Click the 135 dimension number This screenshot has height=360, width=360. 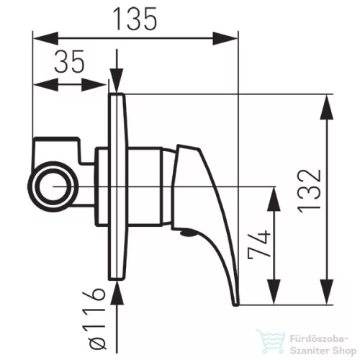point(135,19)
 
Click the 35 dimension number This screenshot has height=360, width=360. point(70,61)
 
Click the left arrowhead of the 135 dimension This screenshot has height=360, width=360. point(45,38)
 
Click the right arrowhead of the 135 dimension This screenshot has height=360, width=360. point(225,38)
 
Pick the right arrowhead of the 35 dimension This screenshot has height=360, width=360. point(94,84)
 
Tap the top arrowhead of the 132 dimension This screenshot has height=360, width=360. point(327,107)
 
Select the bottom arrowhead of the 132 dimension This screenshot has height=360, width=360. point(327,292)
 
